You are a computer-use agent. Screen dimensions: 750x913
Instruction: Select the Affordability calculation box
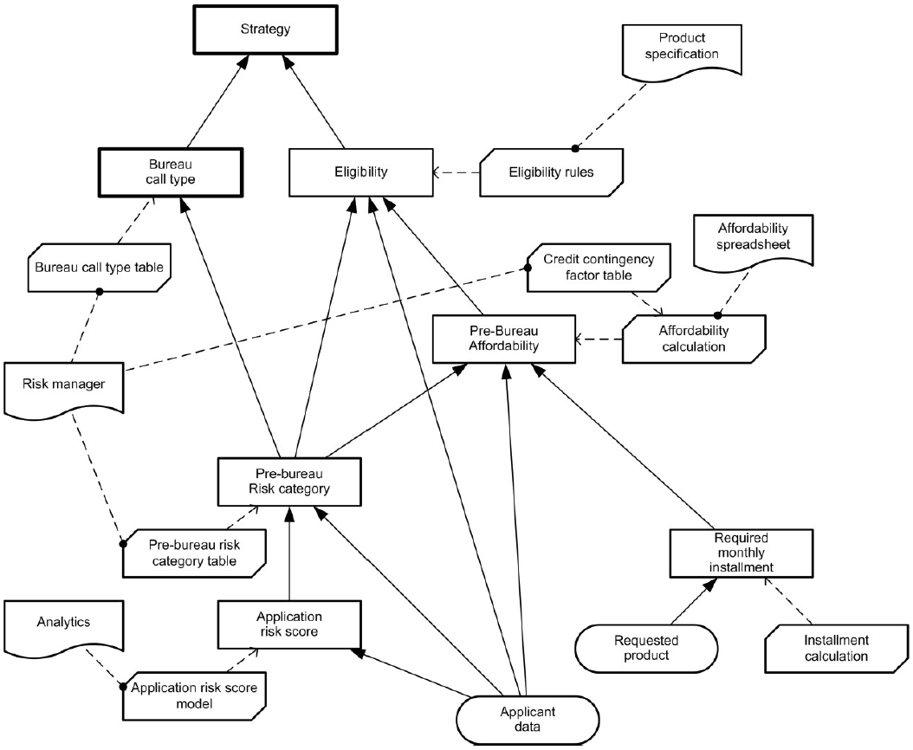696,338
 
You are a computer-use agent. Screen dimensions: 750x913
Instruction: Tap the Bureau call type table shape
98,266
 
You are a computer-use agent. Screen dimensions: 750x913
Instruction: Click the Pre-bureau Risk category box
288,482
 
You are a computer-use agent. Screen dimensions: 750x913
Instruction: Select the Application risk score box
288,624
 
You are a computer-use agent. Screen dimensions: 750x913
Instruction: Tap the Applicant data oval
527,719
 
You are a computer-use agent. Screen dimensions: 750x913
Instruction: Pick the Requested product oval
646,648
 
